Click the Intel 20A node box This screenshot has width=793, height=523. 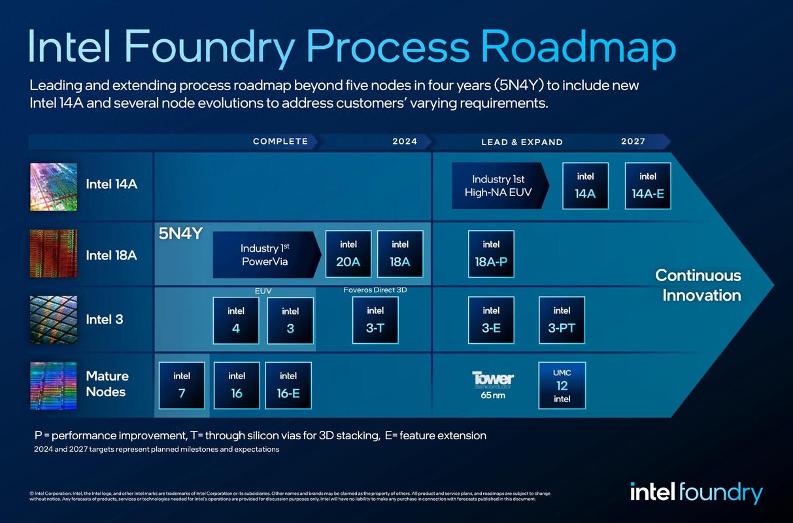pos(348,254)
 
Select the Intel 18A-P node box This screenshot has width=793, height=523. pos(491,254)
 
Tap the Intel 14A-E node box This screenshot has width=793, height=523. pos(648,186)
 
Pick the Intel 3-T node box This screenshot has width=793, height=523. pos(375,320)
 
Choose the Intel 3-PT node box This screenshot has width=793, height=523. pos(562,320)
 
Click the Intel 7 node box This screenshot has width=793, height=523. pos(182,385)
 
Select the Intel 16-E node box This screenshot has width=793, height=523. pos(288,385)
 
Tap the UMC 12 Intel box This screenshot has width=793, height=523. pos(562,385)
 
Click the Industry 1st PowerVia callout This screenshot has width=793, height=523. pos(265,255)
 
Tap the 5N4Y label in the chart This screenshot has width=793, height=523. pos(180,234)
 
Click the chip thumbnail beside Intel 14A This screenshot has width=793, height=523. pos(54,186)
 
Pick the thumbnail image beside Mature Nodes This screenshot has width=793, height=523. pos(54,386)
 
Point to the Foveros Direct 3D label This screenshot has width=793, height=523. pos(375,290)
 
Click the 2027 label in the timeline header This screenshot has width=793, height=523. pos(633,141)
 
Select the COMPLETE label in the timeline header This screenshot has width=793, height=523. pos(280,141)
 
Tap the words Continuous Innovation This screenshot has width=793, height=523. pos(698,285)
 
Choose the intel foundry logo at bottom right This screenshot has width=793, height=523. pos(696,492)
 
